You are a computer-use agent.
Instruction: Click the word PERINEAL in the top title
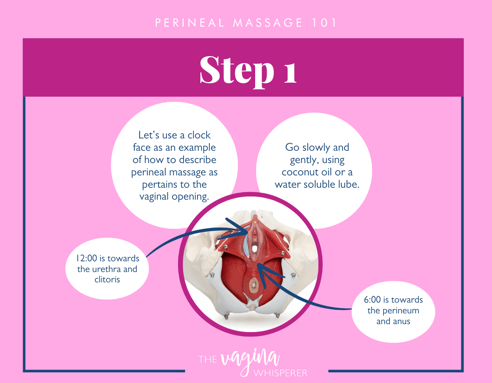[x=190, y=23]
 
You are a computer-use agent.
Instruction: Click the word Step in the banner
[x=236, y=70]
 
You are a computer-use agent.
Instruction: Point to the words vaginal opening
[x=174, y=196]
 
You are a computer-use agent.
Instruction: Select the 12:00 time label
[x=87, y=258]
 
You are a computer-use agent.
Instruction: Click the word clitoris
[x=107, y=279]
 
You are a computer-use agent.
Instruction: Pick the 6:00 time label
[x=372, y=299]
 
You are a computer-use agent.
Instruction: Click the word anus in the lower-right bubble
[x=402, y=321]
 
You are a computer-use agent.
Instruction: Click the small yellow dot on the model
[x=256, y=222]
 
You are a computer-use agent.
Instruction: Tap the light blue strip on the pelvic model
[x=246, y=246]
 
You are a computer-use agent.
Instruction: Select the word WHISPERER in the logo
[x=281, y=373]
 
